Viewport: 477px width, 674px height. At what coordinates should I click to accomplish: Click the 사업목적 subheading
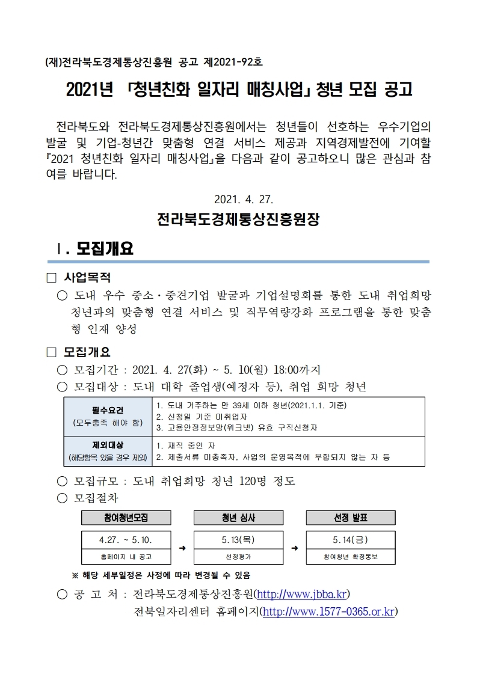point(87,278)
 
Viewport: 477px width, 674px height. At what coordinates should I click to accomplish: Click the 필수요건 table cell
point(108,416)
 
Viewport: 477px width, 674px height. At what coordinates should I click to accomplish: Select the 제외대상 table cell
point(108,452)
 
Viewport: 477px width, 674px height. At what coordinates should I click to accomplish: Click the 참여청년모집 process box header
point(126,518)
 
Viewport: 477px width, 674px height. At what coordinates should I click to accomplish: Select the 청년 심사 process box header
point(238,518)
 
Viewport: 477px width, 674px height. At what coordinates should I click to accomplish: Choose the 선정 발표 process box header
point(351,518)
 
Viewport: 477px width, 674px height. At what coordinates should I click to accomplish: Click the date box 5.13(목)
point(238,539)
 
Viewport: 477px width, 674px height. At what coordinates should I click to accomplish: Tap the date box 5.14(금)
point(351,539)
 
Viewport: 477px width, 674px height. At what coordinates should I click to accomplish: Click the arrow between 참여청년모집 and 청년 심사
point(182,548)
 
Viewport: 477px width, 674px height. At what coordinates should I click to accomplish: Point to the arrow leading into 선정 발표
point(295,548)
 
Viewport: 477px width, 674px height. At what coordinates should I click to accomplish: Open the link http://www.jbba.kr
point(301,595)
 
